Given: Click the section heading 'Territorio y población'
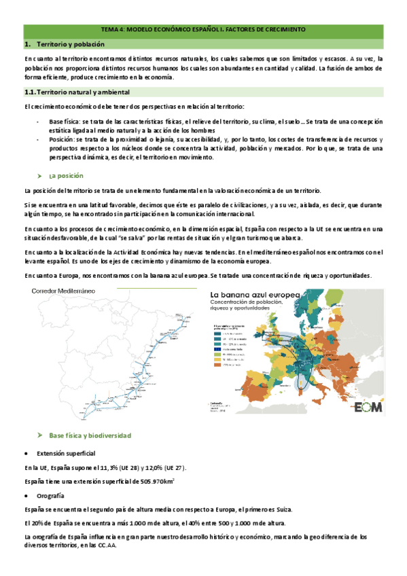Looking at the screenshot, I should (71, 43).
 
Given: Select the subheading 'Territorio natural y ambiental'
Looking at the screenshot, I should (88, 92).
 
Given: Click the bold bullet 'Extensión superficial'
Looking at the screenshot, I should (66, 452).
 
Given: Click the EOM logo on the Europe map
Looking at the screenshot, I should (368, 407).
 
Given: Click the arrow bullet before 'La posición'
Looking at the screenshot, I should (40, 175).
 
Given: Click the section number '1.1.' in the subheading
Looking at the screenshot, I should (29, 92).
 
